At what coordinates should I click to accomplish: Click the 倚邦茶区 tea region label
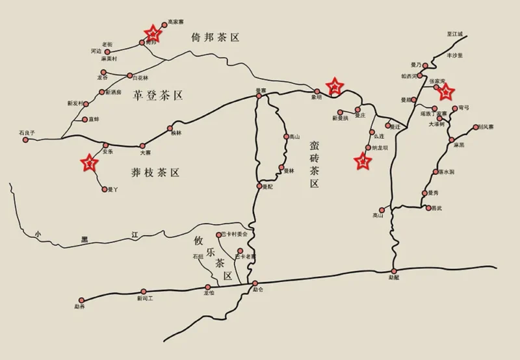[x=215, y=37]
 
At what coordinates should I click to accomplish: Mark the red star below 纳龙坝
[x=362, y=161]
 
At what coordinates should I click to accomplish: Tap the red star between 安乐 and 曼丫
[x=89, y=162]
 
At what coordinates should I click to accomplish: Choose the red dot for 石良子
[x=27, y=140]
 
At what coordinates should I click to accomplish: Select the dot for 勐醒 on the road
[x=394, y=270]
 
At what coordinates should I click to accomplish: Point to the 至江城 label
[x=455, y=33]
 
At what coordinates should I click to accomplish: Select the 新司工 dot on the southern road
[x=144, y=292]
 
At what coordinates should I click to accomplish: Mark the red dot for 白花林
[x=129, y=76]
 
